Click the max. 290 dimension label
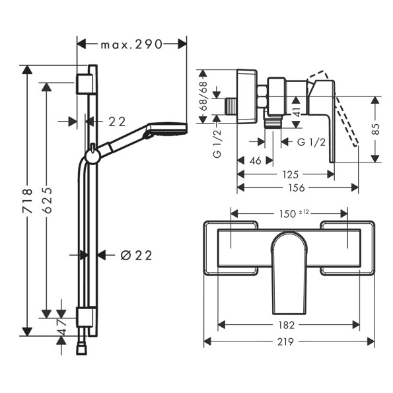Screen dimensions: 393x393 (x=131, y=45)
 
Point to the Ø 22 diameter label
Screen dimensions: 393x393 (x=137, y=256)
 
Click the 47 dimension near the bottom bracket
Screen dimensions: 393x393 (x=62, y=328)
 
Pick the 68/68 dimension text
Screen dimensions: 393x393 (x=203, y=96)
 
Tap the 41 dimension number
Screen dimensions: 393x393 (x=297, y=111)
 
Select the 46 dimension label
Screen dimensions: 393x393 (x=256, y=161)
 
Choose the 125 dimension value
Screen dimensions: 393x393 (x=291, y=174)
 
